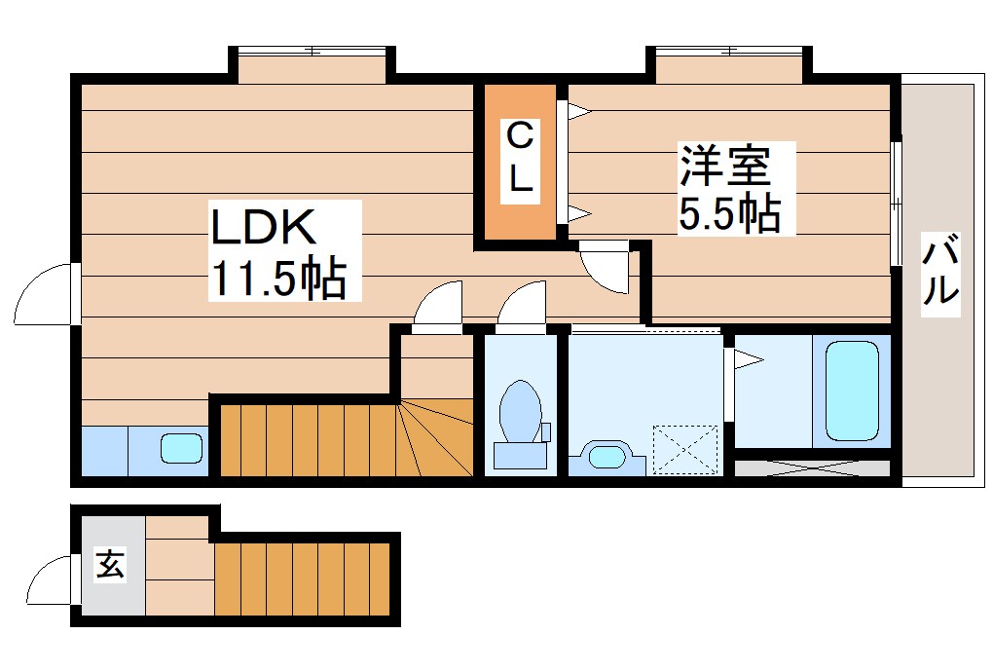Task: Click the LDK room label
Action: click(263, 227)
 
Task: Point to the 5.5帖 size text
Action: click(729, 212)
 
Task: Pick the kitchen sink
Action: click(181, 449)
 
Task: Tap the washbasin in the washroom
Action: click(607, 456)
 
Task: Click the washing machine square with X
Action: click(686, 447)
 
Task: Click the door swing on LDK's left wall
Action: click(44, 294)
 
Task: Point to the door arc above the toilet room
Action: click(524, 304)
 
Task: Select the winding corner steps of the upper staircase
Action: click(435, 438)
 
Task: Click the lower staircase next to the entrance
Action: click(302, 578)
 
